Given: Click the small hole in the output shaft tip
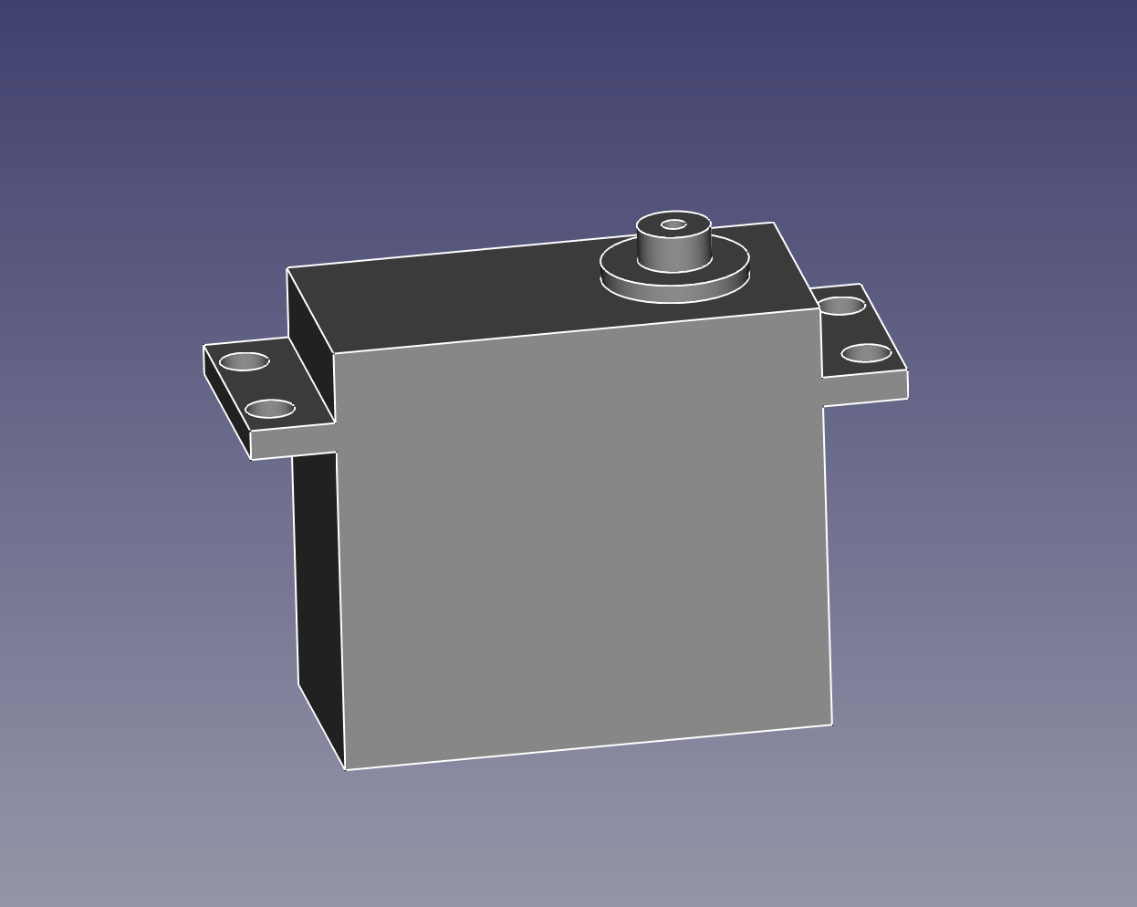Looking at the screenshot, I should pyautogui.click(x=673, y=224).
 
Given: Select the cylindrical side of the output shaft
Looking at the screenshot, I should pyautogui.click(x=673, y=252).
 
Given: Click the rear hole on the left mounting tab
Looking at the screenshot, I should pyautogui.click(x=245, y=362).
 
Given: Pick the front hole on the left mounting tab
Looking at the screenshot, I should pyautogui.click(x=270, y=409).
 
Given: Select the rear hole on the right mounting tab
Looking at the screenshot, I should pyautogui.click(x=842, y=306).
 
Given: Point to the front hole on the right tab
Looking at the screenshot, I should pyautogui.click(x=866, y=353).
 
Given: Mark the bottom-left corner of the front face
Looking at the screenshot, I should pyautogui.click(x=346, y=769).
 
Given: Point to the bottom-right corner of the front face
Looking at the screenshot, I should pyautogui.click(x=832, y=725).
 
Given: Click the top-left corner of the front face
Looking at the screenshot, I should pyautogui.click(x=334, y=353).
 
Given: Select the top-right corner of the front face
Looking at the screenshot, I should pyautogui.click(x=819, y=309).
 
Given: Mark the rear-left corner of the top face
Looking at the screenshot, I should pyautogui.click(x=287, y=268).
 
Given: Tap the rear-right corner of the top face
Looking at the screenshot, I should pyautogui.click(x=774, y=223).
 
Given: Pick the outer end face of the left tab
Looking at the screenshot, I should pyautogui.click(x=227, y=401).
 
